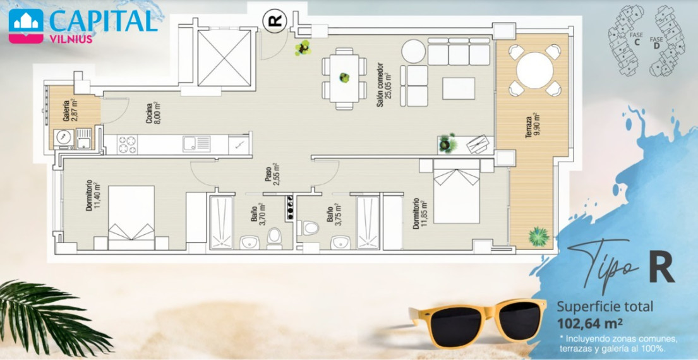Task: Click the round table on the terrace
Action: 534,70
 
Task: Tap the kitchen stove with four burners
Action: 127,145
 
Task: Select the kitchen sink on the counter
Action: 196,144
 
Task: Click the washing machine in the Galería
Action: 64,138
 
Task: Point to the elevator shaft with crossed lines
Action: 224,58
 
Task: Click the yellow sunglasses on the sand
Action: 478,323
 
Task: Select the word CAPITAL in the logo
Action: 103,20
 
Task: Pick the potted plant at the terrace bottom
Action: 539,236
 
